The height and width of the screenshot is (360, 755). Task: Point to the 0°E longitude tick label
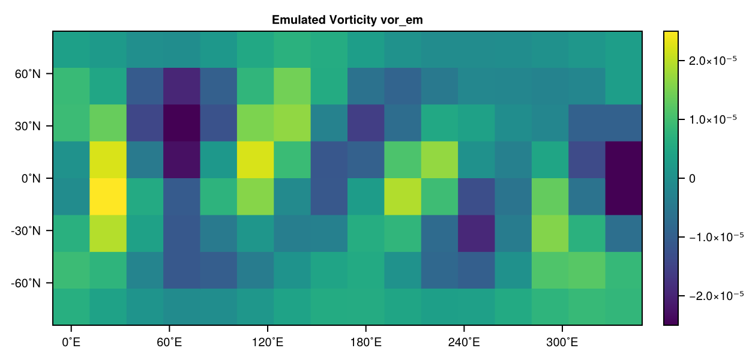[71, 343]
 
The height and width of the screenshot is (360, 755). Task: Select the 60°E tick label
[169, 343]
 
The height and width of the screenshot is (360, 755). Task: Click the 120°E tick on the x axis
[267, 343]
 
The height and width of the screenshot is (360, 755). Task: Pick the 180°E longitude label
[365, 343]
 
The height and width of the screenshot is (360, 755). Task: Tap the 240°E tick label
[464, 343]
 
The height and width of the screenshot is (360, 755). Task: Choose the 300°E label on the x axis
[562, 343]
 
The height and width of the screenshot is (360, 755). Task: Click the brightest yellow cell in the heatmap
[108, 196]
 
